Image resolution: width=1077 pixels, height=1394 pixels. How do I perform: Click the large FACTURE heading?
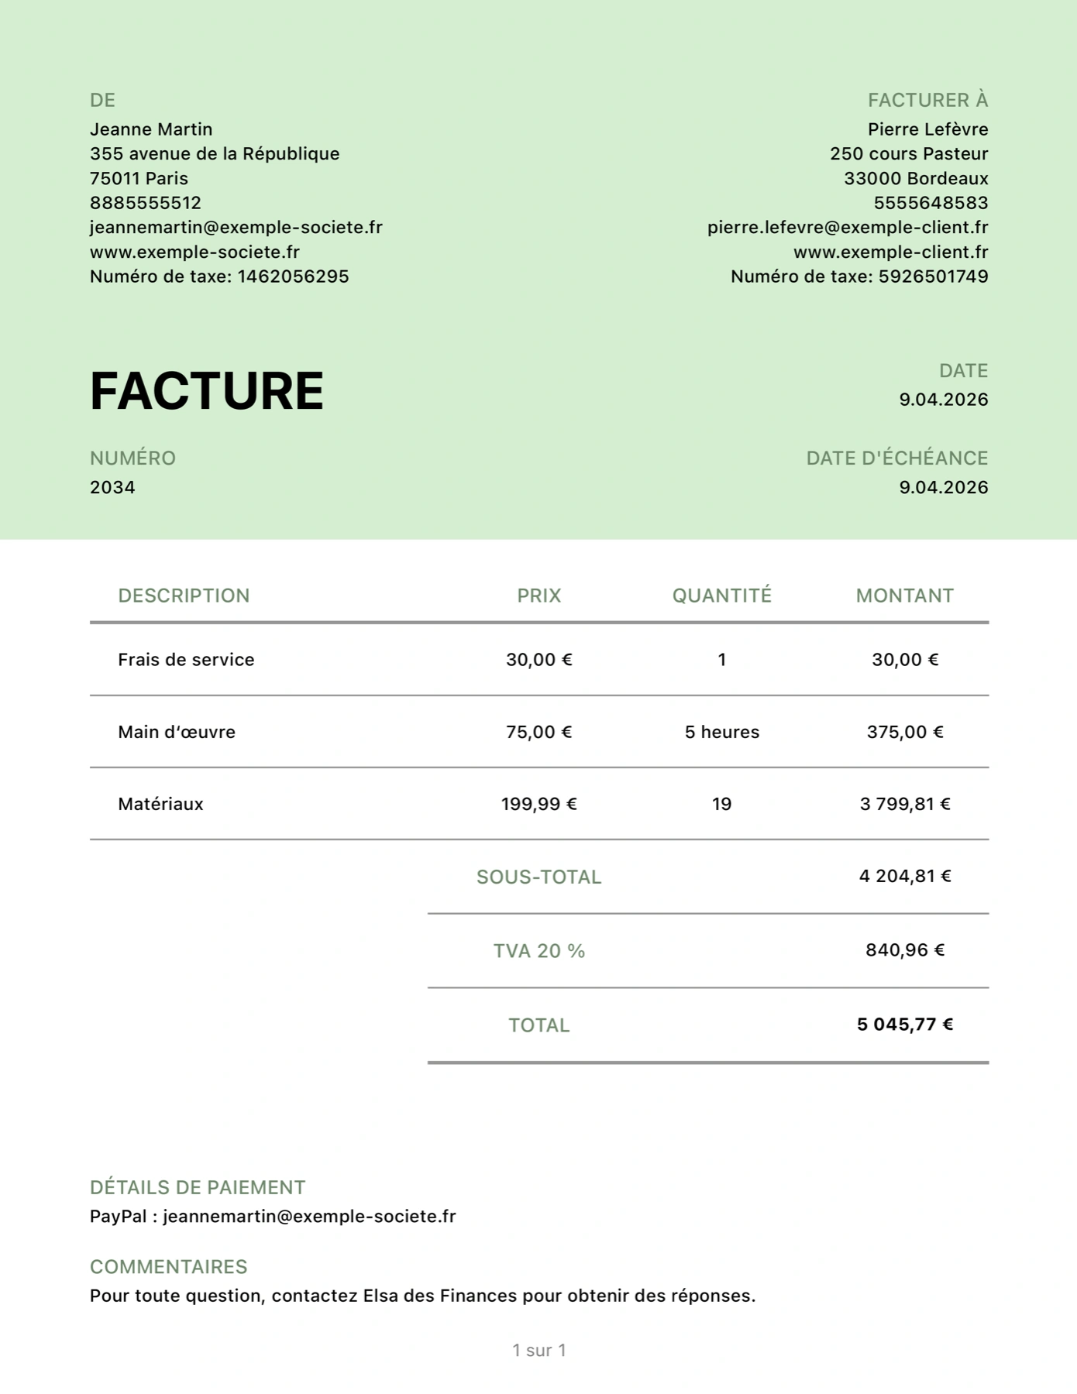pyautogui.click(x=206, y=390)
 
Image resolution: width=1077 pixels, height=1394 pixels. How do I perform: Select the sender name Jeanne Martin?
pyautogui.click(x=151, y=129)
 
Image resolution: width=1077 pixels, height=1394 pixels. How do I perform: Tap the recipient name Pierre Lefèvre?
pyautogui.click(x=927, y=129)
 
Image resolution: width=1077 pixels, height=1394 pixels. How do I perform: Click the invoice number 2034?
pyautogui.click(x=112, y=487)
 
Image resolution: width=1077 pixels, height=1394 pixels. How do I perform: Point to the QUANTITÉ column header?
pyautogui.click(x=721, y=596)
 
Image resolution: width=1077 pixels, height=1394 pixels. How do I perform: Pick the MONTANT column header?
pyautogui.click(x=904, y=596)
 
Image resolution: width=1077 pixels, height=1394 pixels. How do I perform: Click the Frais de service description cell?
pyautogui.click(x=186, y=660)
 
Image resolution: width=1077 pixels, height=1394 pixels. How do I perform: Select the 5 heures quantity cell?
pyautogui.click(x=721, y=732)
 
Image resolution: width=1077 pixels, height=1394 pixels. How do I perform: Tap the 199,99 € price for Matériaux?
pyautogui.click(x=538, y=804)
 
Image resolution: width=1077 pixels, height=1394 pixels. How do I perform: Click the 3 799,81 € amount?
pyautogui.click(x=904, y=804)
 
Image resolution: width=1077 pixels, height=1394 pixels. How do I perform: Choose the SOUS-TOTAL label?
pyautogui.click(x=538, y=877)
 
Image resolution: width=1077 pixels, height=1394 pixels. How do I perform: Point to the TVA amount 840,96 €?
pyautogui.click(x=904, y=950)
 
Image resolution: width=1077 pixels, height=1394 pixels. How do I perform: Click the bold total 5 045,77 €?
pyautogui.click(x=904, y=1025)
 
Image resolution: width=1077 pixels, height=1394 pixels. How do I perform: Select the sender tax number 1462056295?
pyautogui.click(x=293, y=276)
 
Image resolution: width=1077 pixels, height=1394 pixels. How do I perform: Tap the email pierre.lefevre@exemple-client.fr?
pyautogui.click(x=847, y=227)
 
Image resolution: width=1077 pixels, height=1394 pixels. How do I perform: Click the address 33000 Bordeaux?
pyautogui.click(x=916, y=178)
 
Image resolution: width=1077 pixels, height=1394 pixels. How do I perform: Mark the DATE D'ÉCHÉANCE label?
pyautogui.click(x=896, y=458)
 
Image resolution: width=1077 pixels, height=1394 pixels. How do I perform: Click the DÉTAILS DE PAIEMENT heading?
pyautogui.click(x=198, y=1187)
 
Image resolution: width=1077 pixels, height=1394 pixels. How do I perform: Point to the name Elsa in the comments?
pyautogui.click(x=380, y=1296)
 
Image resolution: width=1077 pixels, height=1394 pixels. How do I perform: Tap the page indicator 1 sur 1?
pyautogui.click(x=538, y=1350)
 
